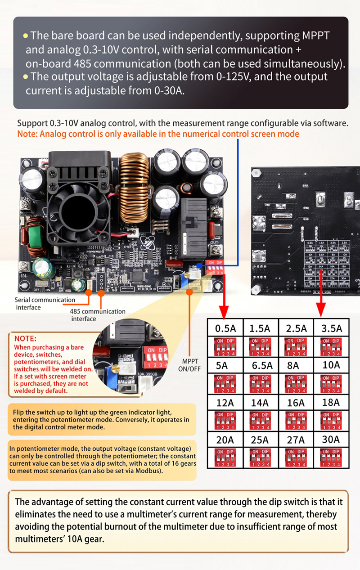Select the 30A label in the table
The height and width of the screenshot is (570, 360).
pos(331,439)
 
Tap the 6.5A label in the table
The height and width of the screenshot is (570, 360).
pos(260,365)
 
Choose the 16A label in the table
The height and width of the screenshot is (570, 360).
pos(296,403)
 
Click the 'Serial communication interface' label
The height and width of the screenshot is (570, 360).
pos(45,304)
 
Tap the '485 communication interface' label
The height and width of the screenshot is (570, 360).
pos(97,315)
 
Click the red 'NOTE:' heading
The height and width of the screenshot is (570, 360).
pos(26,338)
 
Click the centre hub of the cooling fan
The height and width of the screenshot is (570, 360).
pos(73,211)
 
